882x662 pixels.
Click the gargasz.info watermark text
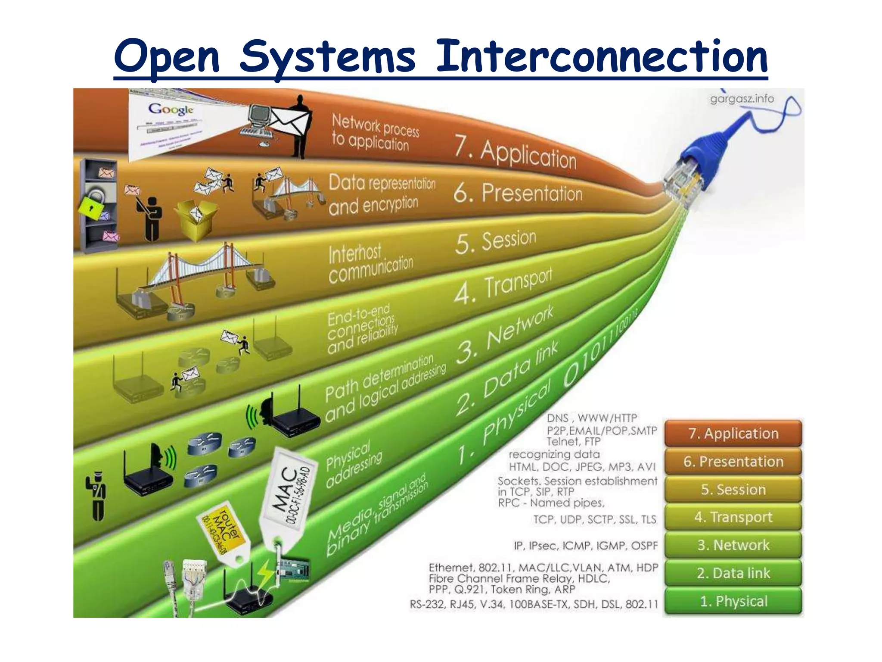coord(742,99)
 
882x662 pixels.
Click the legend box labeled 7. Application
coord(733,433)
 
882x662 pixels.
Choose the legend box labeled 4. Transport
coord(733,517)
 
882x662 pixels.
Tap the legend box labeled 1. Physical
coord(733,601)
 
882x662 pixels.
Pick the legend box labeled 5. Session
coord(733,489)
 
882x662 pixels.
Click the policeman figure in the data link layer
coord(97,496)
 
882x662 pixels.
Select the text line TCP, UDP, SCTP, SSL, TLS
coord(595,519)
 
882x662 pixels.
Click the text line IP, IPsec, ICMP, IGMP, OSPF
coord(586,546)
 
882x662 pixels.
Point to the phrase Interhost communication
coord(370,263)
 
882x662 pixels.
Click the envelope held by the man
coord(289,121)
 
